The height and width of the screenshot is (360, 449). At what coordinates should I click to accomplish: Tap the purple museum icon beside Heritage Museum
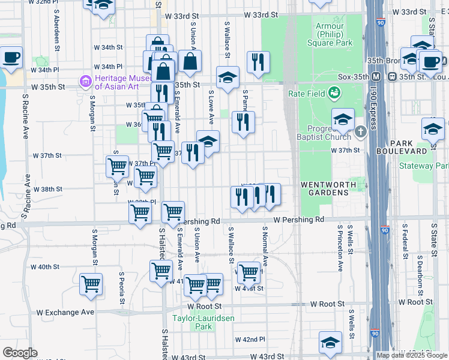[85, 80]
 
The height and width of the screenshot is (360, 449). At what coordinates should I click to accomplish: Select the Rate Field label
[306, 93]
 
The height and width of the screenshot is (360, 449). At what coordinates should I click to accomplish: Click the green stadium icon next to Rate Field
[334, 93]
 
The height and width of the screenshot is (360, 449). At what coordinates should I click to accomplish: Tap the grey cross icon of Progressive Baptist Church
[360, 131]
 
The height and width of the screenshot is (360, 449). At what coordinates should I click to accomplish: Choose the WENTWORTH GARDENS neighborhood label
[324, 188]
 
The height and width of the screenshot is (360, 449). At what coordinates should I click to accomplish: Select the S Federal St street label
[405, 246]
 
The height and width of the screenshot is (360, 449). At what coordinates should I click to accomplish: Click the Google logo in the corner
[19, 353]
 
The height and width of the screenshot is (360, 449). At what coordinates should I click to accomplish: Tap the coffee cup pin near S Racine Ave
[11, 58]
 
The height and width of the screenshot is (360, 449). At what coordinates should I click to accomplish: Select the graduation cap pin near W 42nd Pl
[330, 343]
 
